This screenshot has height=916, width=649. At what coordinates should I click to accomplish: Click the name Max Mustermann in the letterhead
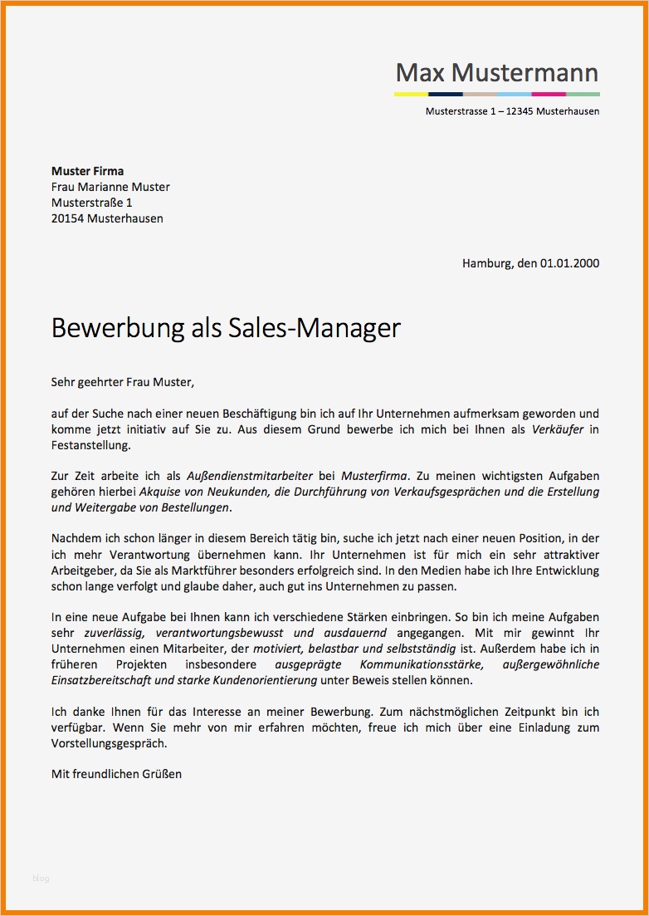pos(496,73)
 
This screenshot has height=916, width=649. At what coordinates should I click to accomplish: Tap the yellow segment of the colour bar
pos(411,94)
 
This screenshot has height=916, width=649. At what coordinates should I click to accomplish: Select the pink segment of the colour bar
pos(548,94)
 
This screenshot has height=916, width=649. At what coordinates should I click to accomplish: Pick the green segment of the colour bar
pos(583,94)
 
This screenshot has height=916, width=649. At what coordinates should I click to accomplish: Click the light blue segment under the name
pos(514,94)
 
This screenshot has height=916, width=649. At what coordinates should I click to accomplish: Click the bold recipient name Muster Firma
pos(87,171)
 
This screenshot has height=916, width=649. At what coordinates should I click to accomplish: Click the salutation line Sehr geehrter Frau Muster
pos(122,382)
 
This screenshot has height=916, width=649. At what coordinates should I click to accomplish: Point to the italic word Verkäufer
pos(558,429)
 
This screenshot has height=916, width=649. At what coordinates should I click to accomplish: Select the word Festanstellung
pos(90,445)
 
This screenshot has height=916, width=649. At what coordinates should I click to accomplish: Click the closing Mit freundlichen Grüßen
pos(116,774)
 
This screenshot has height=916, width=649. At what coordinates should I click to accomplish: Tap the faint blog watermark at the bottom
pos(41,879)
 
